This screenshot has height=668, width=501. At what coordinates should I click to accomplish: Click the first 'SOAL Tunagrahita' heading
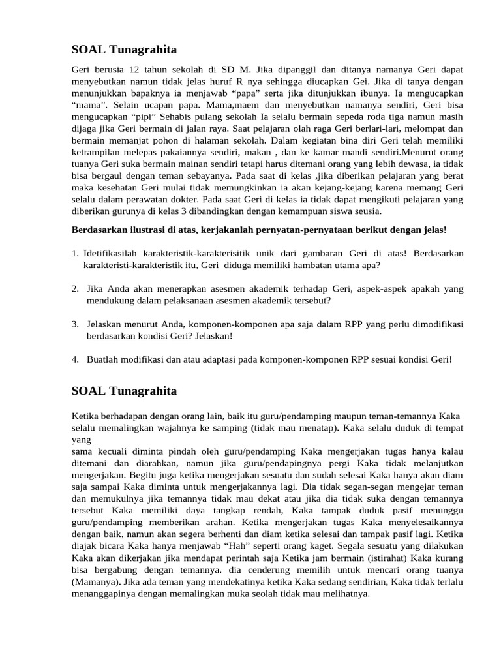[x=123, y=50]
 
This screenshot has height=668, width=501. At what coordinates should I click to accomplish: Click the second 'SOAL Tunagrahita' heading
[x=123, y=391]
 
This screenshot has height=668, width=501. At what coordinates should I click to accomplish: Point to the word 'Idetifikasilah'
[x=110, y=254]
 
